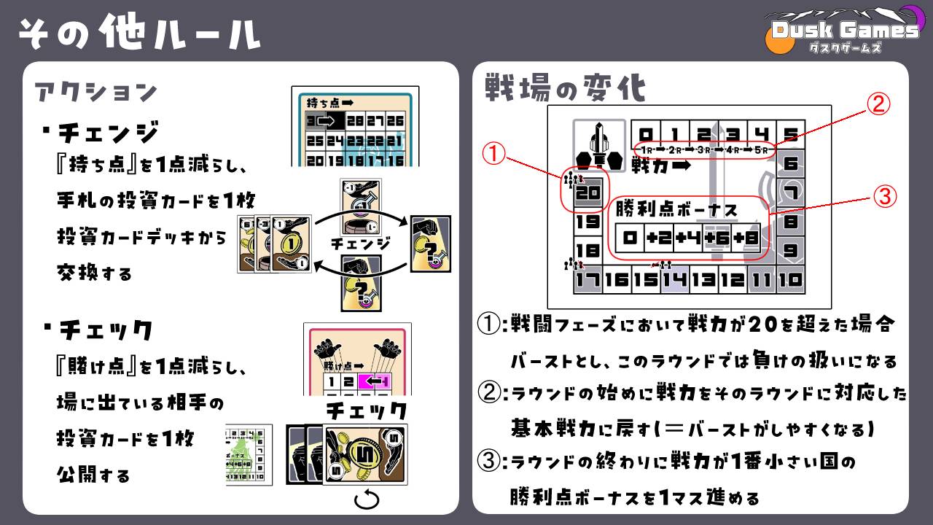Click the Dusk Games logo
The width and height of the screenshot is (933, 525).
(x=844, y=31)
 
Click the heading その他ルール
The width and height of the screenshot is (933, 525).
(x=139, y=34)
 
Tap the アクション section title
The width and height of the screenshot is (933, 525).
(x=95, y=93)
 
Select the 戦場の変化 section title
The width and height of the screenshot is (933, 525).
(x=565, y=89)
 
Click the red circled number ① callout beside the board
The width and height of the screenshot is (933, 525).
(x=496, y=153)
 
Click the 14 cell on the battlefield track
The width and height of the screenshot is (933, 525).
(x=674, y=279)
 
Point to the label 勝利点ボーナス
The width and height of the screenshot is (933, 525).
(x=676, y=210)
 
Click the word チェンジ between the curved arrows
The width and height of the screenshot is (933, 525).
(x=361, y=243)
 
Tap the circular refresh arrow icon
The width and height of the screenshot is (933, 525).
(x=367, y=499)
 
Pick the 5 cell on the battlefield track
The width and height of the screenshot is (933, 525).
(x=790, y=134)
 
